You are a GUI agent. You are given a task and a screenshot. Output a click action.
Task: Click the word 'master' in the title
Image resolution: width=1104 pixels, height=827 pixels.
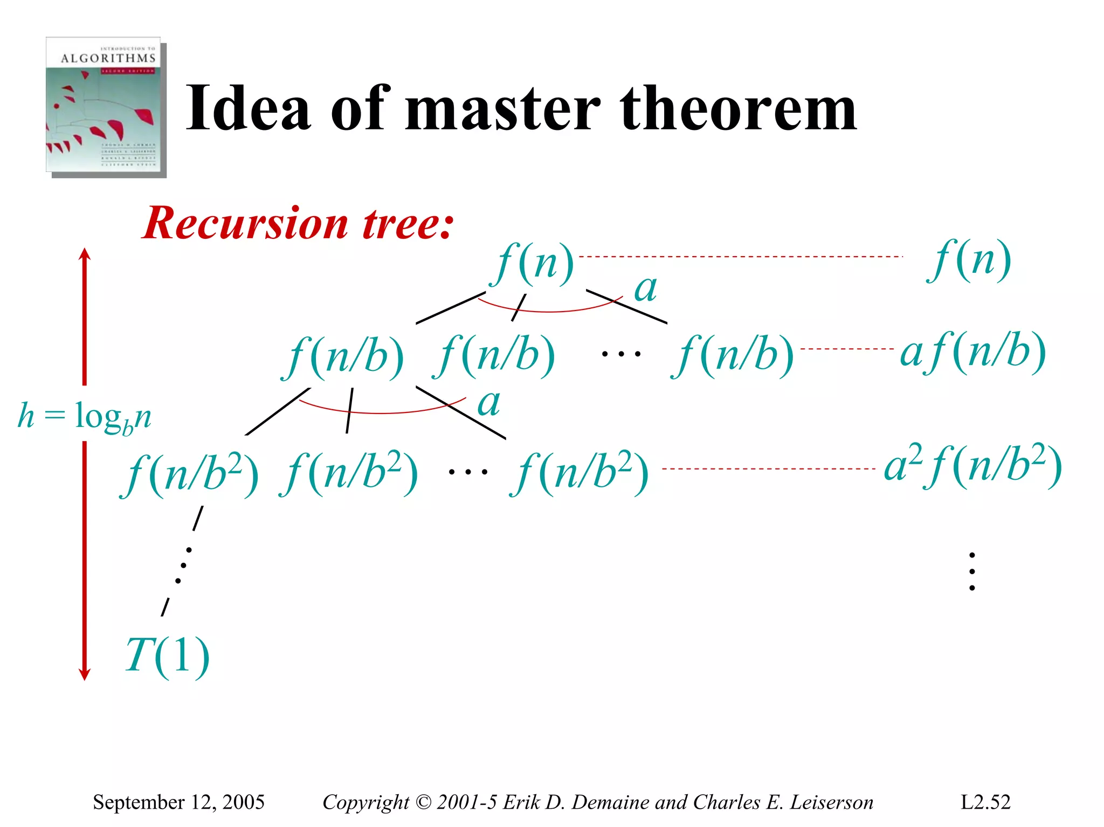(x=502, y=109)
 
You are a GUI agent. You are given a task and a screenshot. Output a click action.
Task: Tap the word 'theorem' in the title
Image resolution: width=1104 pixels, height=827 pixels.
(x=738, y=109)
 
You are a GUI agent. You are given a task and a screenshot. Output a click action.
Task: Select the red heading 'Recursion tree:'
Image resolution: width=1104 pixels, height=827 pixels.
(x=298, y=223)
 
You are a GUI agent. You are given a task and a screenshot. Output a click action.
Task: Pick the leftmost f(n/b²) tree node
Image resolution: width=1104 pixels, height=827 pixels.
(x=190, y=474)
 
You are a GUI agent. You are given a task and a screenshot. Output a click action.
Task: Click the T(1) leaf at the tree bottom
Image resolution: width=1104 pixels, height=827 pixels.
(x=167, y=656)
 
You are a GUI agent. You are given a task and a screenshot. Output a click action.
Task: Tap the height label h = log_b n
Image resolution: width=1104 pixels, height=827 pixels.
(x=85, y=417)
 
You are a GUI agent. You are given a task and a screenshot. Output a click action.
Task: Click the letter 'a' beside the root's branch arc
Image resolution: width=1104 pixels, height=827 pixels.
(x=645, y=289)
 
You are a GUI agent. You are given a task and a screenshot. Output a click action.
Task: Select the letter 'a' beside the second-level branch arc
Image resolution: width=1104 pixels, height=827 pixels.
(x=489, y=403)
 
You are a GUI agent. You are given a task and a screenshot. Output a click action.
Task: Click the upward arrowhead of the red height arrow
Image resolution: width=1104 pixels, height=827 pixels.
(x=85, y=254)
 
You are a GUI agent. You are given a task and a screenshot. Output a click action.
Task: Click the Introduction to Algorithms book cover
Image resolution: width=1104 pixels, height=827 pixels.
(x=105, y=106)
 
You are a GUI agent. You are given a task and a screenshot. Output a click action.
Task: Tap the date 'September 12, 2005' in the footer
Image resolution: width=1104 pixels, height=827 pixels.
(x=178, y=802)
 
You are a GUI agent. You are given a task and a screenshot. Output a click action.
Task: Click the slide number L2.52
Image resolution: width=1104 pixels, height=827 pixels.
(x=985, y=802)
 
